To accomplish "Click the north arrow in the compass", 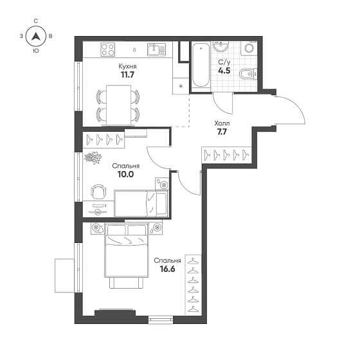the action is click(x=35, y=36).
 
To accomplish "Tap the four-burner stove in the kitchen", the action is click(x=108, y=50).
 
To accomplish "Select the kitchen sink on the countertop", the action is click(x=156, y=50).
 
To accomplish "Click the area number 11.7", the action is click(x=127, y=75).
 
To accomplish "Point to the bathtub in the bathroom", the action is click(x=201, y=66).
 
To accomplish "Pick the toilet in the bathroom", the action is click(x=248, y=74).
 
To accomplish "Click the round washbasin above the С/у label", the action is click(x=221, y=47).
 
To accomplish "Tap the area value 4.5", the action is click(x=224, y=71).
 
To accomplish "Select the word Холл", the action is click(x=222, y=123).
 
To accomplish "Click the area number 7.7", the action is click(x=222, y=132).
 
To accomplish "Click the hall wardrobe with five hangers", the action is click(x=226, y=155).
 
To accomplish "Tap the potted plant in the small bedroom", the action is click(x=93, y=157).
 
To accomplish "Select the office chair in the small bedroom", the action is click(x=99, y=192).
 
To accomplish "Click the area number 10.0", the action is click(x=125, y=174).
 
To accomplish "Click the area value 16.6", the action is click(x=167, y=269).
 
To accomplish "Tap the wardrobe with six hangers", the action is click(x=193, y=285).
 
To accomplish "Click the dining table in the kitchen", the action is click(x=119, y=105).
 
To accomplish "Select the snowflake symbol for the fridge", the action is click(x=181, y=86).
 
